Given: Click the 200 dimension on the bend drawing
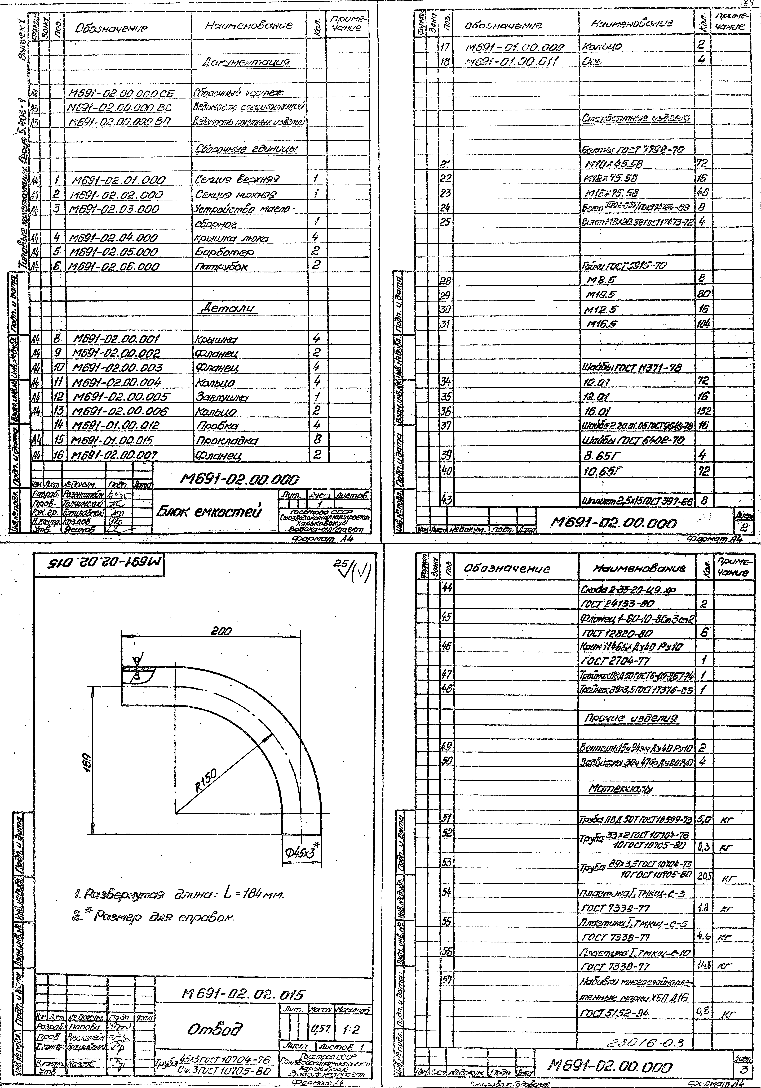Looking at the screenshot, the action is click(x=221, y=632).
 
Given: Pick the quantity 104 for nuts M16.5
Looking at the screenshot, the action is click(x=703, y=324).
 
